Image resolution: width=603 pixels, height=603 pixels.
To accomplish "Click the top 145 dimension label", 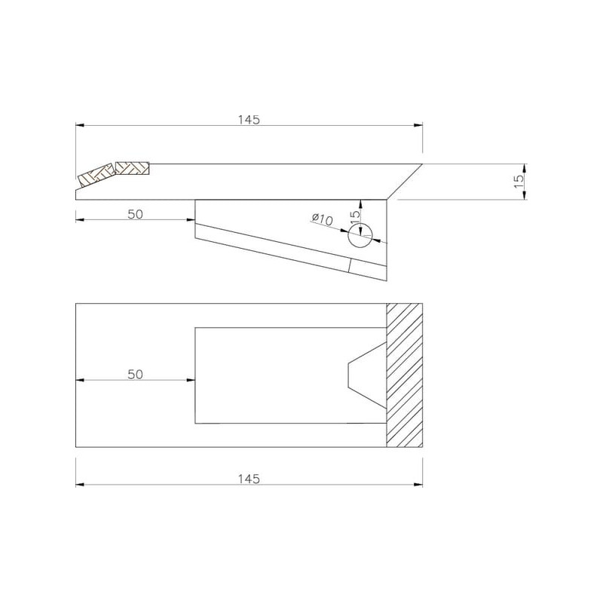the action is click(249, 120).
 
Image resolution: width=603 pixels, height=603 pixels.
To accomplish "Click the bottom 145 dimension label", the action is click(249, 479).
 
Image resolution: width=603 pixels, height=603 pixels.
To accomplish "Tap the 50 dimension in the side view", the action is click(136, 214).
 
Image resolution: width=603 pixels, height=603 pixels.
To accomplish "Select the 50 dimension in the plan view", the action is click(136, 374).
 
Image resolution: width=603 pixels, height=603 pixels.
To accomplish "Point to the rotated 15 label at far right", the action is click(519, 182).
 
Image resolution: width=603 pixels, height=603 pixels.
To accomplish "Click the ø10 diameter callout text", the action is click(323, 219).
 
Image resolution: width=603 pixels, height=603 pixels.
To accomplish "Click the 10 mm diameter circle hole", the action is click(360, 235).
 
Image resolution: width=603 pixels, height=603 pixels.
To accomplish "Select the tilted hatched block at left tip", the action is click(97, 176).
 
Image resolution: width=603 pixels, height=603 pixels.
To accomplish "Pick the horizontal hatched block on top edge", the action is click(133, 168).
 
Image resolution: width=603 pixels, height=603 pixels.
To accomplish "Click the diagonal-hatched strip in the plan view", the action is click(405, 375).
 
